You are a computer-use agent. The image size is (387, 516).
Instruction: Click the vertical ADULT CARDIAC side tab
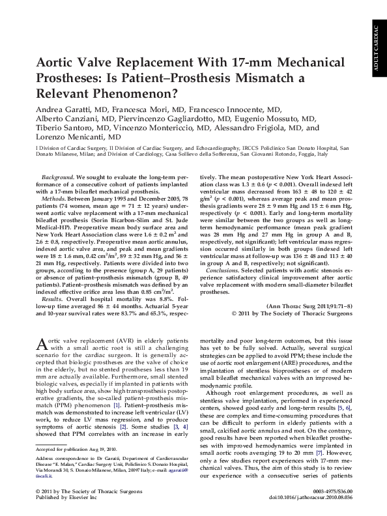coord(377,49)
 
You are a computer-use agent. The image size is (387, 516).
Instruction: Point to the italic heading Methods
coord(55,197)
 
